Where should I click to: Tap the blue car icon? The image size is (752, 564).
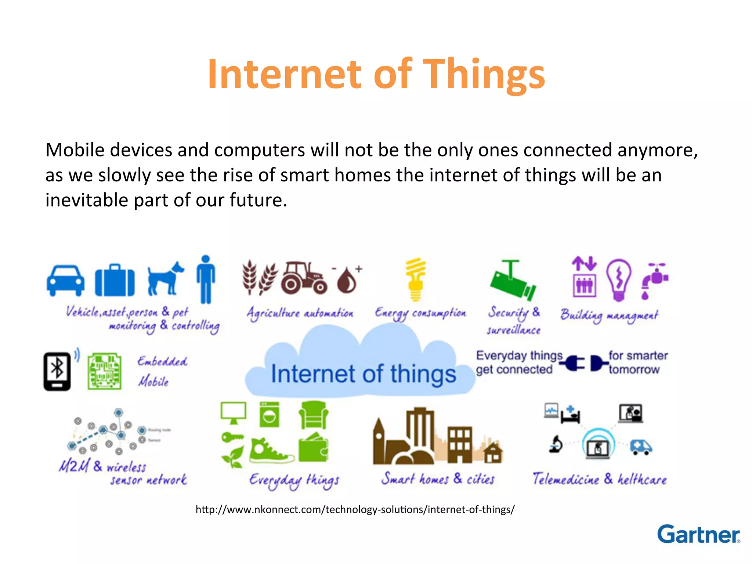pos(65,281)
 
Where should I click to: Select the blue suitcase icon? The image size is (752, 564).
pos(115,281)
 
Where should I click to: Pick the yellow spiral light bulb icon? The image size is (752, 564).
pos(415,279)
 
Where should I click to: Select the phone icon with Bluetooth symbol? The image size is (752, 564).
pos(57,371)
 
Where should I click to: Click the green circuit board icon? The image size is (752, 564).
pos(105,371)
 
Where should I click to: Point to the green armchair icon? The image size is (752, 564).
pos(313,415)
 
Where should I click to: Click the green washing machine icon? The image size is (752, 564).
pos(270,415)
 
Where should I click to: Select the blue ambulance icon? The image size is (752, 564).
pos(641,447)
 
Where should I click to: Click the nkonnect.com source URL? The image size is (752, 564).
pos(355,510)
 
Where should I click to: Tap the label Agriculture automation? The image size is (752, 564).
pos(300,314)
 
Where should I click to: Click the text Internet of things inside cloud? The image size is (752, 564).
pos(363,374)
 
